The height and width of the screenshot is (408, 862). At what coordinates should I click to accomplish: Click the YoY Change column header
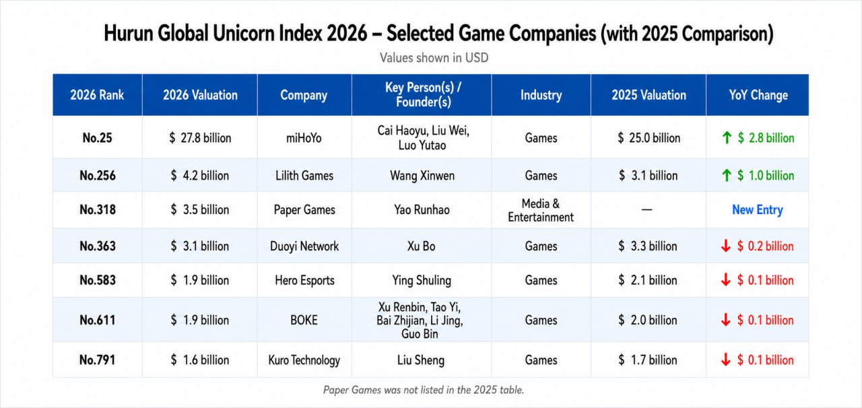tap(758, 95)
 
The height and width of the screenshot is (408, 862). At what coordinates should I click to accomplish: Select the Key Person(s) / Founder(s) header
tap(423, 95)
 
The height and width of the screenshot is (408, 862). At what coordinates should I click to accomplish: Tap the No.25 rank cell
tap(97, 138)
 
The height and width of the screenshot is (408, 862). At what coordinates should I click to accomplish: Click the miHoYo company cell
tap(304, 138)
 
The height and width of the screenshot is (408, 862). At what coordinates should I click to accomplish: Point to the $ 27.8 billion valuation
tap(200, 138)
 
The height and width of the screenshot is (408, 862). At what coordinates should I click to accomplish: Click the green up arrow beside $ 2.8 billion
tap(727, 138)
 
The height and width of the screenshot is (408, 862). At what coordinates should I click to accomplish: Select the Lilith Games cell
tap(304, 176)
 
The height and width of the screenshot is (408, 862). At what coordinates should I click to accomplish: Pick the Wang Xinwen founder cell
tap(422, 176)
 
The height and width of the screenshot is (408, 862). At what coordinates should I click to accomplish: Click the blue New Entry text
tap(758, 210)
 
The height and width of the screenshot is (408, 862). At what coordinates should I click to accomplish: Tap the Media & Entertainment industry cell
tap(541, 210)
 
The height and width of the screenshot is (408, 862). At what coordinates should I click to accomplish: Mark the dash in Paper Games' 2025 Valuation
tap(647, 210)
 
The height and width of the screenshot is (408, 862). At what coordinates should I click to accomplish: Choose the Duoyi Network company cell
tap(304, 246)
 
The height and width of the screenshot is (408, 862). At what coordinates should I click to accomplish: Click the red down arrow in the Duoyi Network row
tap(726, 246)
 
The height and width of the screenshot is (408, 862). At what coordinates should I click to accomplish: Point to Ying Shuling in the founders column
tap(422, 280)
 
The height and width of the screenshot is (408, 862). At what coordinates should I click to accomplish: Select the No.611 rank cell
tap(98, 320)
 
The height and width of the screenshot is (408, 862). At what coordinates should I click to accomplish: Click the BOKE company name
tap(304, 320)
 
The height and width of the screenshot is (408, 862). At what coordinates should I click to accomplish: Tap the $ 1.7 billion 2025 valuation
tap(648, 360)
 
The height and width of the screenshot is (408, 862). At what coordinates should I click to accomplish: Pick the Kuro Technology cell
tap(304, 360)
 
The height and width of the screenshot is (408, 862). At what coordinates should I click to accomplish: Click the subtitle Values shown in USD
tap(434, 58)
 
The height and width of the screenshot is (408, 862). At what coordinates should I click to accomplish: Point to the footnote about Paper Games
tap(424, 390)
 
